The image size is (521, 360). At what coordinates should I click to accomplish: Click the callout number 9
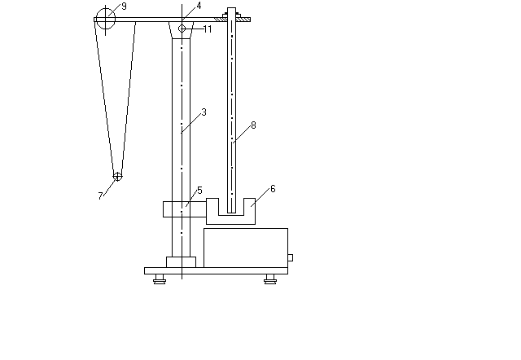click(x=124, y=7)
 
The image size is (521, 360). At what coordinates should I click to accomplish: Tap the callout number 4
click(x=199, y=6)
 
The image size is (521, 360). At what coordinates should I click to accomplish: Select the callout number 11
click(x=208, y=29)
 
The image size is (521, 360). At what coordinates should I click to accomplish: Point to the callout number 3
click(x=204, y=112)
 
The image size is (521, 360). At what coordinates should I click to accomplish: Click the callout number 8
click(x=253, y=125)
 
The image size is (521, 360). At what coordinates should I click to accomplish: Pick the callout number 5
click(x=199, y=191)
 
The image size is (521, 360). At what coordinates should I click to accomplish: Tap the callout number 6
click(x=273, y=189)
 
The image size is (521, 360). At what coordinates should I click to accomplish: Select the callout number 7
click(x=100, y=195)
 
